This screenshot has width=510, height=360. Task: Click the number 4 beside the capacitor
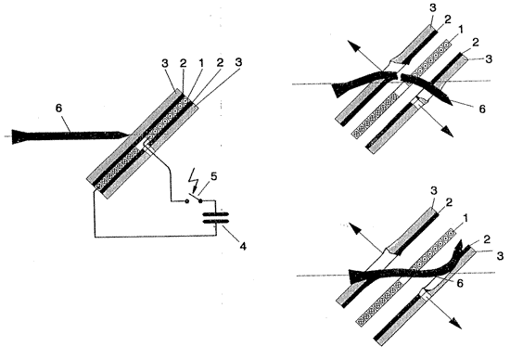[243, 246]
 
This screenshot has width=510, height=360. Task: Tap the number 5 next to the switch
[213, 176]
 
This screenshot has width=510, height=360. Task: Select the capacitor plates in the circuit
[216, 217]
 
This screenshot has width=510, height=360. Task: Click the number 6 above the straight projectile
[58, 109]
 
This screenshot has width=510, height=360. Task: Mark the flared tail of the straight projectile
[19, 136]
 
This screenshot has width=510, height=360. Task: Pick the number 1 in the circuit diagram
[201, 63]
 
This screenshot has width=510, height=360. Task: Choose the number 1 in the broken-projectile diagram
[460, 30]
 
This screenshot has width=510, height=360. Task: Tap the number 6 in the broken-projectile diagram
[482, 109]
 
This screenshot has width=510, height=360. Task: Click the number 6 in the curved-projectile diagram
[460, 284]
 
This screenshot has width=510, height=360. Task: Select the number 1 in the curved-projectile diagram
[465, 218]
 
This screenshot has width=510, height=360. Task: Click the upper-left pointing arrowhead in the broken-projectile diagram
[353, 46]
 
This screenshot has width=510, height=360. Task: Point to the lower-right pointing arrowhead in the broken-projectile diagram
[448, 131]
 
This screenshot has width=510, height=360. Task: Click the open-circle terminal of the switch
[186, 200]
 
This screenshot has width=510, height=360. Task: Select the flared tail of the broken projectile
[338, 90]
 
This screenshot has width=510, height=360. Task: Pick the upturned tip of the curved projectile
[461, 245]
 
